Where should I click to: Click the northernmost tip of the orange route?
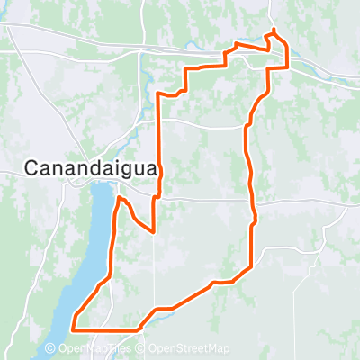pos(273,32)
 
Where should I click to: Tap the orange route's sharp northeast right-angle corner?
pos(287,67)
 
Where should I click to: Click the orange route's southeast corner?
pos(251,265)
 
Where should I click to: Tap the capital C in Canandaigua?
pos(30,166)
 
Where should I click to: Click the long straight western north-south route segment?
pos(160,144)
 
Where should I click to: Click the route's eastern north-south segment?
pos(249,171)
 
